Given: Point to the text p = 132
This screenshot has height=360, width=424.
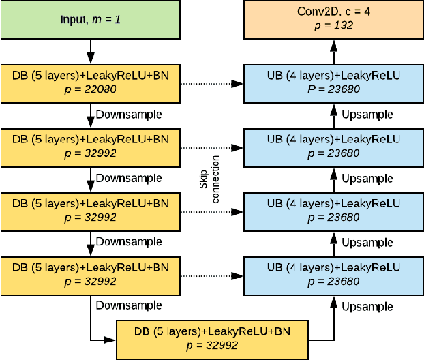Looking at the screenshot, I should click(x=333, y=26).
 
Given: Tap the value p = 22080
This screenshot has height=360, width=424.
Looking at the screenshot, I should click(x=90, y=91).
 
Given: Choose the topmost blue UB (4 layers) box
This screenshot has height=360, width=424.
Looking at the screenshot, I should click(x=333, y=84).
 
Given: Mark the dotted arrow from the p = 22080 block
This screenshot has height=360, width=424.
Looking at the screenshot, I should click(x=211, y=84).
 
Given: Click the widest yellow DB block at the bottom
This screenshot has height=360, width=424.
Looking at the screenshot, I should click(x=213, y=339).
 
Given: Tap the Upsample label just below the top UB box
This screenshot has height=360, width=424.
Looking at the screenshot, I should click(x=367, y=115).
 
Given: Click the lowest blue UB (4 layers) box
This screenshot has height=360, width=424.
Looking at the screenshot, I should click(x=333, y=275).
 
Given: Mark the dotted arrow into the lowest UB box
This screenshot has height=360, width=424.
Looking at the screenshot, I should click(x=211, y=275).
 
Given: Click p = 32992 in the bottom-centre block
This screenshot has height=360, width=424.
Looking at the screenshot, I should click(x=213, y=346).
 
